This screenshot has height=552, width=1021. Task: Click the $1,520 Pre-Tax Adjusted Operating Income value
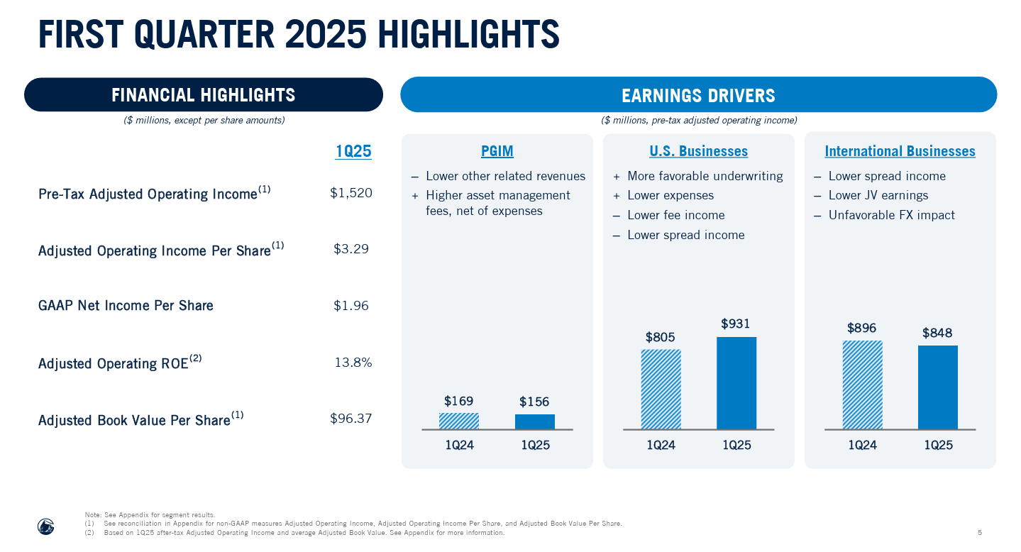point(351,193)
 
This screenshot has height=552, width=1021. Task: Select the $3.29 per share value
point(351,249)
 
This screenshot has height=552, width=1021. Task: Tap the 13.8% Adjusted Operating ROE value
point(353,363)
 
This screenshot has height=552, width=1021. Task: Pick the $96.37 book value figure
point(351,419)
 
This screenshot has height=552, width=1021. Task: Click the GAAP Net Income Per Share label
point(126,306)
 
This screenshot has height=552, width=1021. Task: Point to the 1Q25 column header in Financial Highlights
point(353,152)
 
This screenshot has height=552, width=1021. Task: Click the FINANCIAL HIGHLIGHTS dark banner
point(203,95)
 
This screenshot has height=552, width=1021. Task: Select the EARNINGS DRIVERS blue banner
point(698,95)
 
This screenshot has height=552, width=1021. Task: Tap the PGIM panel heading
point(497,151)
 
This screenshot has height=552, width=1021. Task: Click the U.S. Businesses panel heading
point(698,151)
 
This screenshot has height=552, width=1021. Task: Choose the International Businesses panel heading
point(900,151)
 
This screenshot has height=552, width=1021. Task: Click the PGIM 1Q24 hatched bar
point(459,421)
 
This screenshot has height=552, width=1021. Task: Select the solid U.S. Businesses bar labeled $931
point(736,383)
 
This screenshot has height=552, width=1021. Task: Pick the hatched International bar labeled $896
point(862,385)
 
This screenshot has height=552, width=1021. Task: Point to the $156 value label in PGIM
point(534,402)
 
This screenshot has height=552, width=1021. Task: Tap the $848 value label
point(937,333)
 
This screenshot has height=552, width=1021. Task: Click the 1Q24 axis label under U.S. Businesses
point(661,446)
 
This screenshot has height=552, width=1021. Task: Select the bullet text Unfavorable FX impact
point(891,215)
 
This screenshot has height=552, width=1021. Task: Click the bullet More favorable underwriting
point(705,176)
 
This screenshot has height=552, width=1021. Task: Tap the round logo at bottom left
point(46,526)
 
